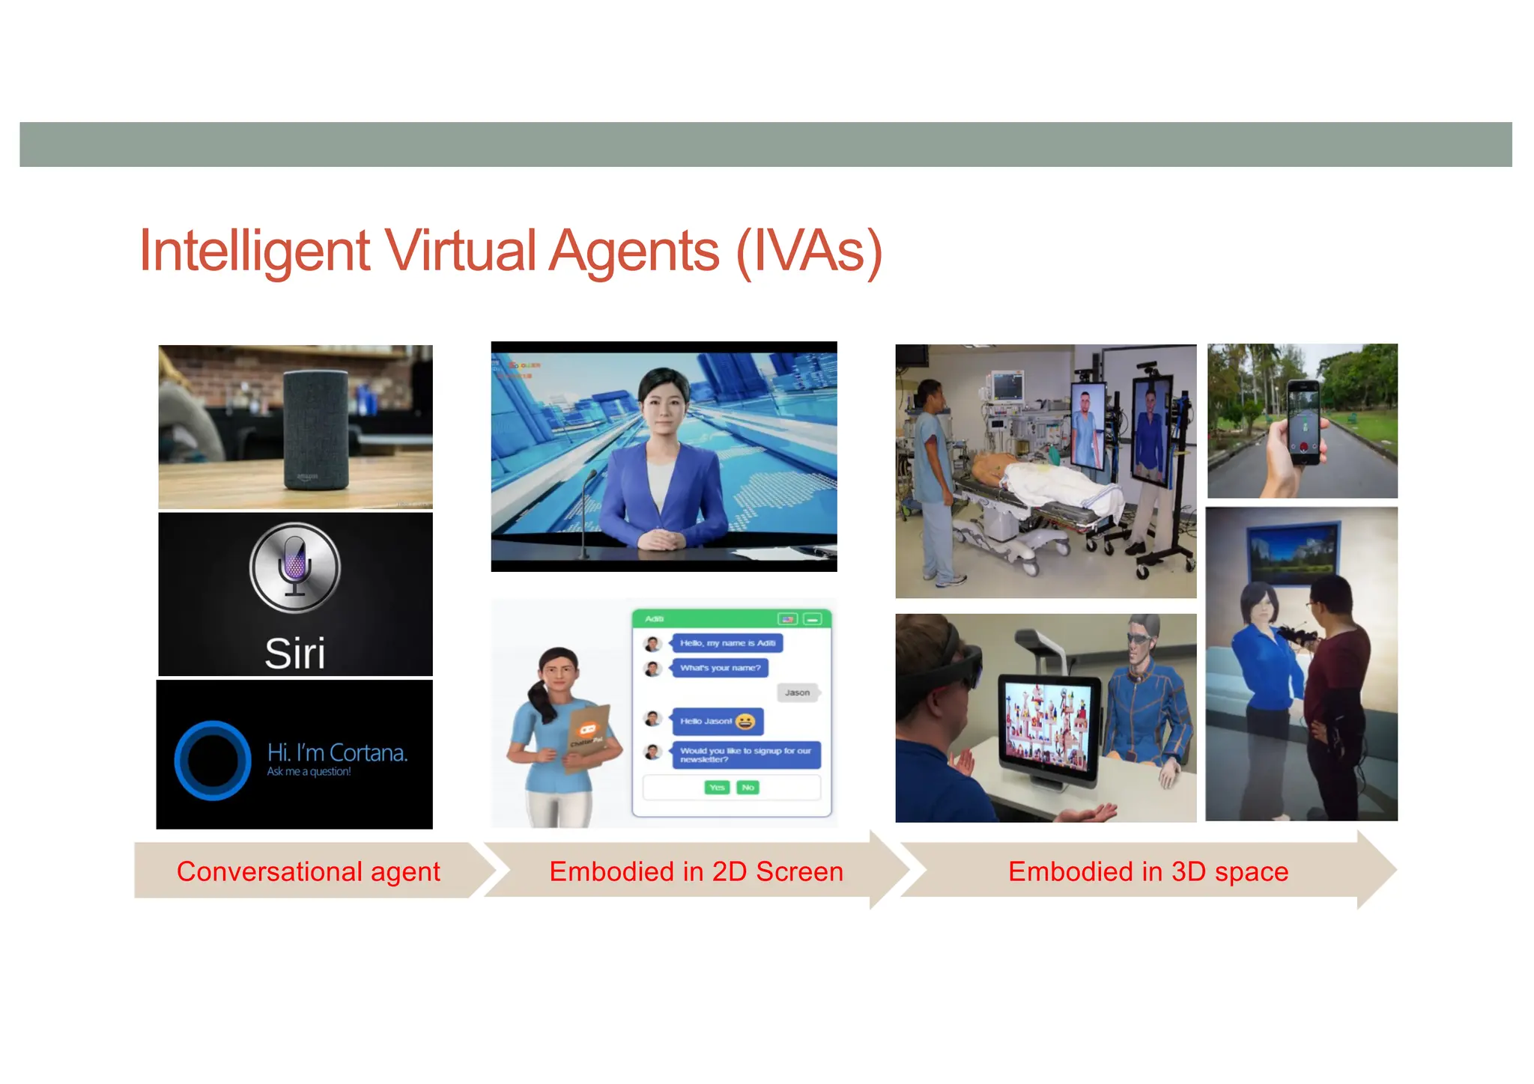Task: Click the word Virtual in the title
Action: (x=459, y=251)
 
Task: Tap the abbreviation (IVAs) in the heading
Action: (x=809, y=252)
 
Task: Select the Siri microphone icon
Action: (x=295, y=567)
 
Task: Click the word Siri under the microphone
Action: (x=295, y=653)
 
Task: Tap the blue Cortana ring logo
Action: (x=213, y=760)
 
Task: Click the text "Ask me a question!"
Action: (x=309, y=772)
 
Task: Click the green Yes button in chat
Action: (x=717, y=788)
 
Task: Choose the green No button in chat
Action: (x=748, y=788)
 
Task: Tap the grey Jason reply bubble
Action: (x=797, y=692)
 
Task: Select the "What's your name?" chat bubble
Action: (x=720, y=668)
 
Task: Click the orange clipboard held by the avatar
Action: (x=588, y=737)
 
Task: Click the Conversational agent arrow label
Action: (x=308, y=871)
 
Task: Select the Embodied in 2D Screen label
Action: (x=696, y=871)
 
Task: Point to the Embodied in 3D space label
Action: (x=1148, y=871)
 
